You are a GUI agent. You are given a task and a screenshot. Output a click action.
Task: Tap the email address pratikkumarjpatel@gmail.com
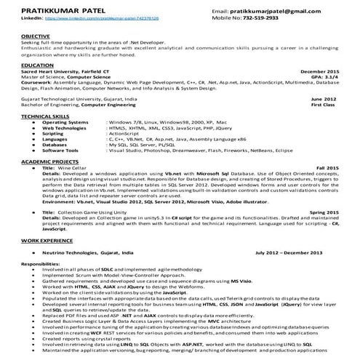pyautogui.click(x=284, y=12)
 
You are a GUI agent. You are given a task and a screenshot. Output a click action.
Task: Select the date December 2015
pyautogui.click(x=319, y=72)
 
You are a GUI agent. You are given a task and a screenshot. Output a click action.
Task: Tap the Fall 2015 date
pyautogui.click(x=327, y=168)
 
